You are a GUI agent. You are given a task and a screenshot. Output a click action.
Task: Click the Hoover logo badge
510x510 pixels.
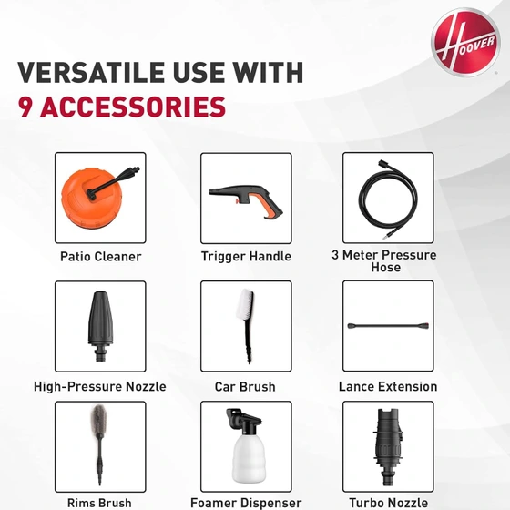[x=465, y=42]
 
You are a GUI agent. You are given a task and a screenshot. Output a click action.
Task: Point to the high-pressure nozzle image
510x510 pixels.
[x=100, y=326]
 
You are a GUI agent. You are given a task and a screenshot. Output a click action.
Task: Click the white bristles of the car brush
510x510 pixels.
[x=245, y=304]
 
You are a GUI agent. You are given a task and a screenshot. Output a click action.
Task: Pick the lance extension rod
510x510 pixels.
[x=388, y=326]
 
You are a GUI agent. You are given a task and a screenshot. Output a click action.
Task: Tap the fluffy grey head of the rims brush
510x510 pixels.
[x=98, y=420]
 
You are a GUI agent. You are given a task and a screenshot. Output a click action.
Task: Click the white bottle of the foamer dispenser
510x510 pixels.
[x=249, y=459]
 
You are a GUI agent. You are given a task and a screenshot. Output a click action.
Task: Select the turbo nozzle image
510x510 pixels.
[x=388, y=446]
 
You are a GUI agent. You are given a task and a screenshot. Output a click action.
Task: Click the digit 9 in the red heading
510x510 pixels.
[x=25, y=107]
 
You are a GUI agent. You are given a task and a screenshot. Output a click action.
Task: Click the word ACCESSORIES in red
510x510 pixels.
[x=133, y=107]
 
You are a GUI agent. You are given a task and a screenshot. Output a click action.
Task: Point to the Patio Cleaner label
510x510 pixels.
[x=101, y=257]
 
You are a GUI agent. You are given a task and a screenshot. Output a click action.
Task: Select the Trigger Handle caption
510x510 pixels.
[x=246, y=256]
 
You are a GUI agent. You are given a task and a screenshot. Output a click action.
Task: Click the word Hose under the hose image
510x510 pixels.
[x=386, y=268]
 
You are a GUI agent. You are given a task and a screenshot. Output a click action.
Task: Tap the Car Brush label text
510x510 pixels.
[x=245, y=387]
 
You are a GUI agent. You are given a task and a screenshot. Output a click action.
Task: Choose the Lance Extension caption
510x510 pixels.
[x=388, y=387]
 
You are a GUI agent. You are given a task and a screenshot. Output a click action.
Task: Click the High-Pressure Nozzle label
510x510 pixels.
[x=100, y=387]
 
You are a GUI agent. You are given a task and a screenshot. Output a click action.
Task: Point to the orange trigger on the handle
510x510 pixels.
[x=238, y=202]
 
